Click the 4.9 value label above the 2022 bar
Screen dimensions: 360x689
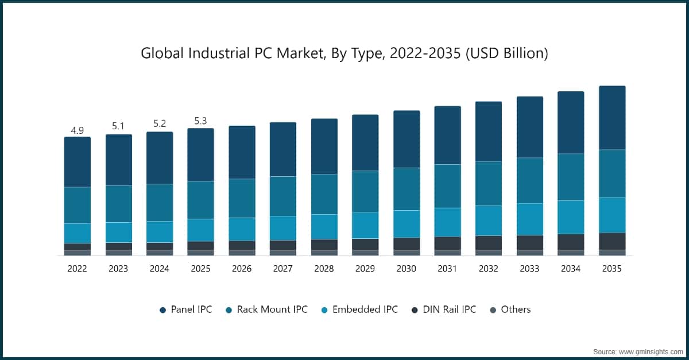click(x=77, y=130)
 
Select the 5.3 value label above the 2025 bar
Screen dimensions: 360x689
click(x=200, y=121)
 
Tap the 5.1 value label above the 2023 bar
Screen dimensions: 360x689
click(x=118, y=126)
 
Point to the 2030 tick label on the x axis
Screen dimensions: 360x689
click(x=407, y=268)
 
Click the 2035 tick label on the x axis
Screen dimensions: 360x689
click(x=612, y=268)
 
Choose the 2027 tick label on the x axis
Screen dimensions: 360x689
click(x=283, y=268)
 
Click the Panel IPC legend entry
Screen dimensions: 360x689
click(x=185, y=309)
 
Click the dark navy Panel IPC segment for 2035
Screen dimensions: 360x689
click(x=612, y=118)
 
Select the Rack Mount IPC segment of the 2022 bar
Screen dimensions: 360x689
click(x=77, y=205)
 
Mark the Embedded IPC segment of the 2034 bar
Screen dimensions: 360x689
click(x=571, y=217)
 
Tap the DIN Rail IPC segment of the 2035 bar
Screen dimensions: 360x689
click(x=612, y=241)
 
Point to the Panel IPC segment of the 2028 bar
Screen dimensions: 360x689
click(x=324, y=146)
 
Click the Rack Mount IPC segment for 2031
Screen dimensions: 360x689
click(x=447, y=186)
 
